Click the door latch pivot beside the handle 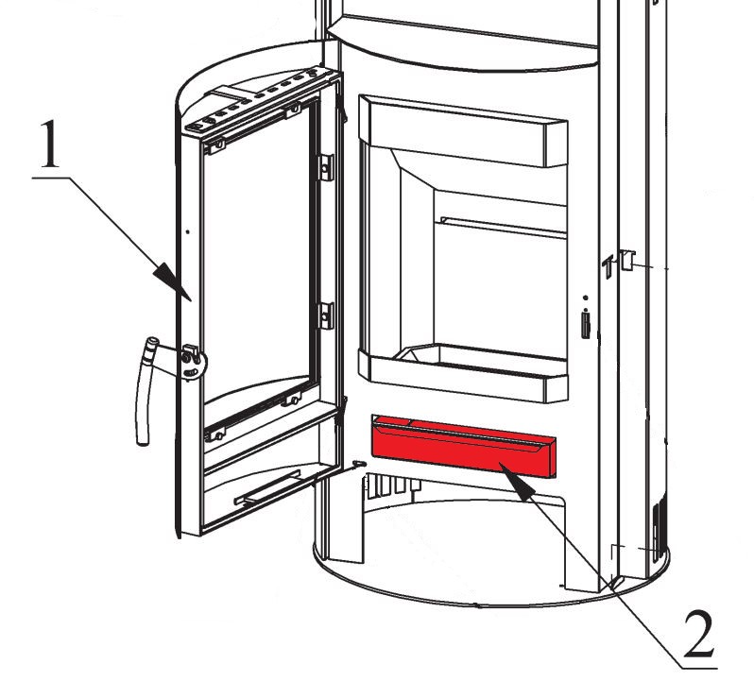click(191, 363)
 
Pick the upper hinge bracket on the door click(327, 166)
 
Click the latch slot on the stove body click(587, 324)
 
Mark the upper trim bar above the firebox click(467, 128)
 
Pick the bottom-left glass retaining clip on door click(216, 434)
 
